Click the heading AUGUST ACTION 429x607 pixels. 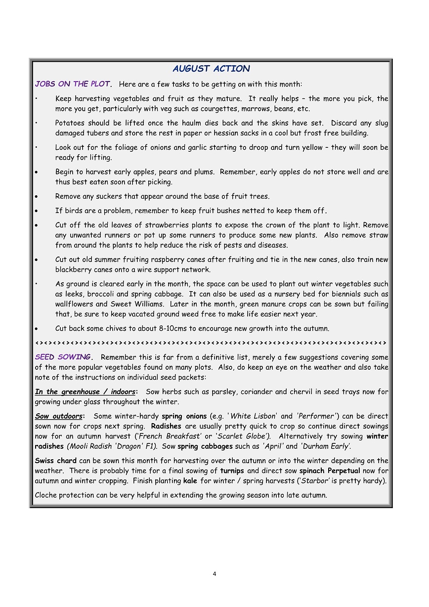coord(212,69)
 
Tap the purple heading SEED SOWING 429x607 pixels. coord(63,357)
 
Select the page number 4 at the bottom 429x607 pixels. coord(214,574)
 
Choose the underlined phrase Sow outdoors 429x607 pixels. coord(58,416)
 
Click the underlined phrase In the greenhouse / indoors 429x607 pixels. coord(85,392)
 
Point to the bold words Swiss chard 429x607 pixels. coord(55,461)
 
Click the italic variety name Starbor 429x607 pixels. coord(315,480)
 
